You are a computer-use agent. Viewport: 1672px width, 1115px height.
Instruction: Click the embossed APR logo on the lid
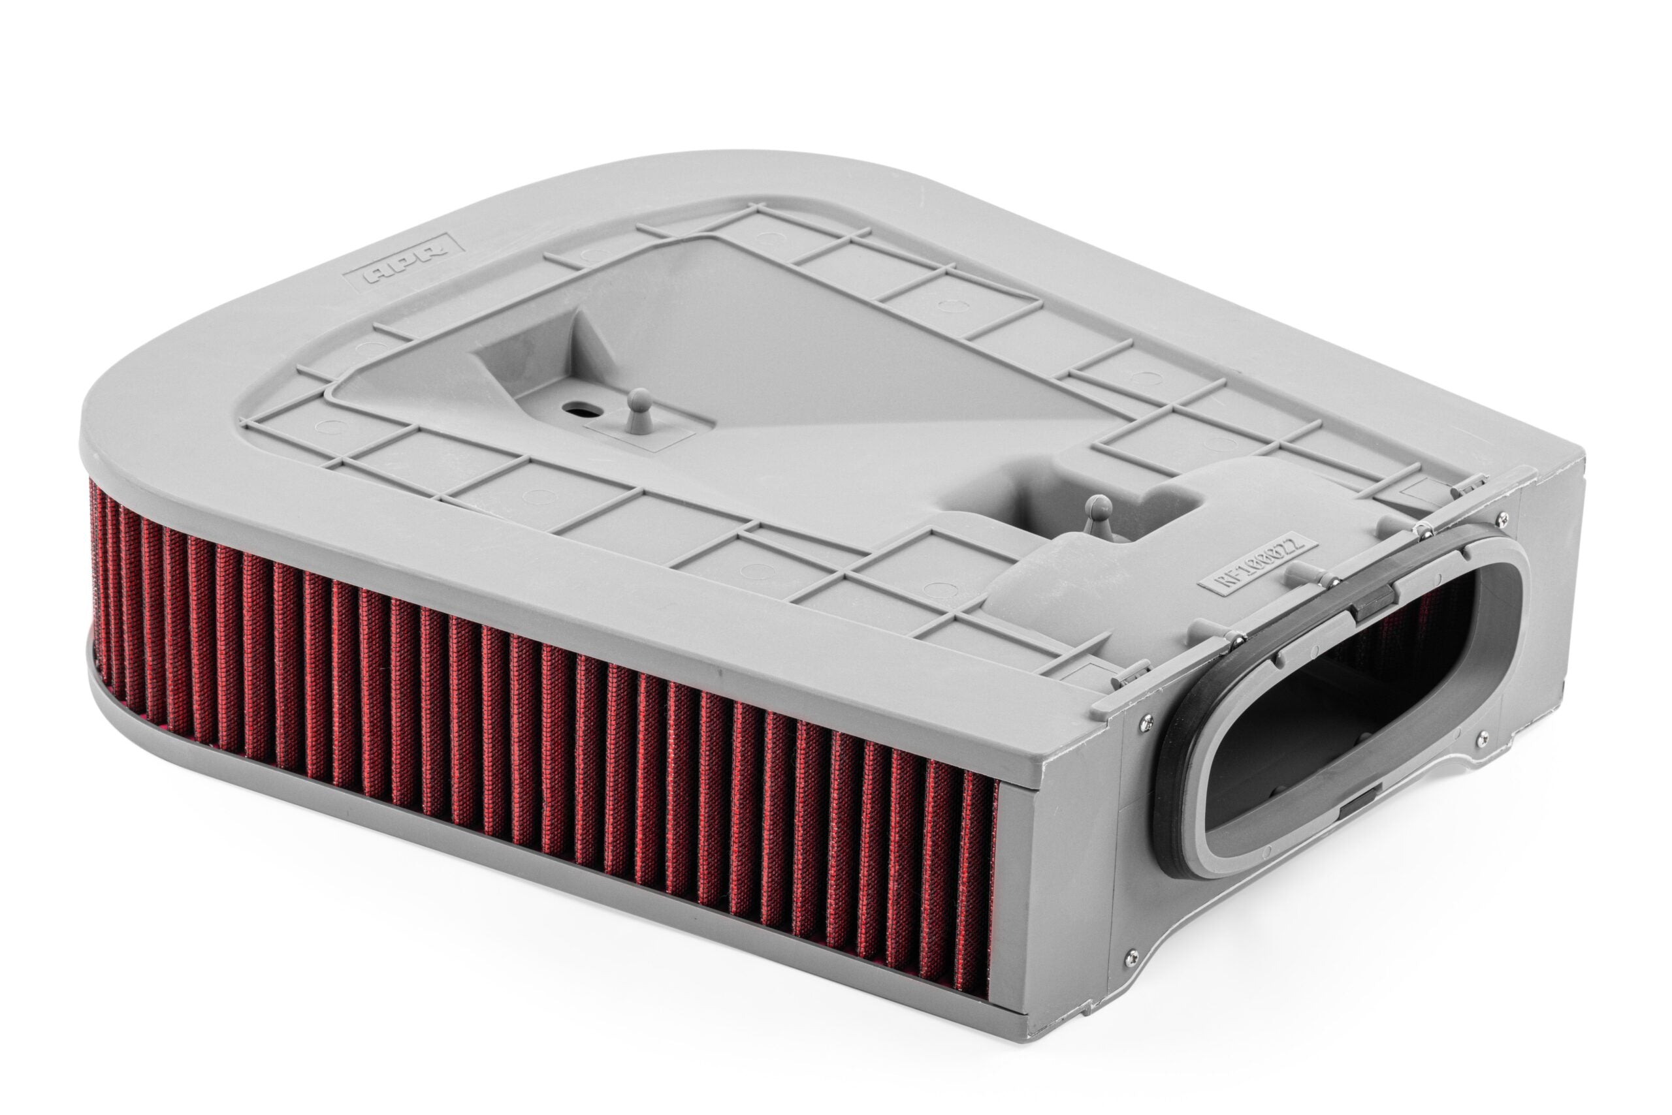404,261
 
